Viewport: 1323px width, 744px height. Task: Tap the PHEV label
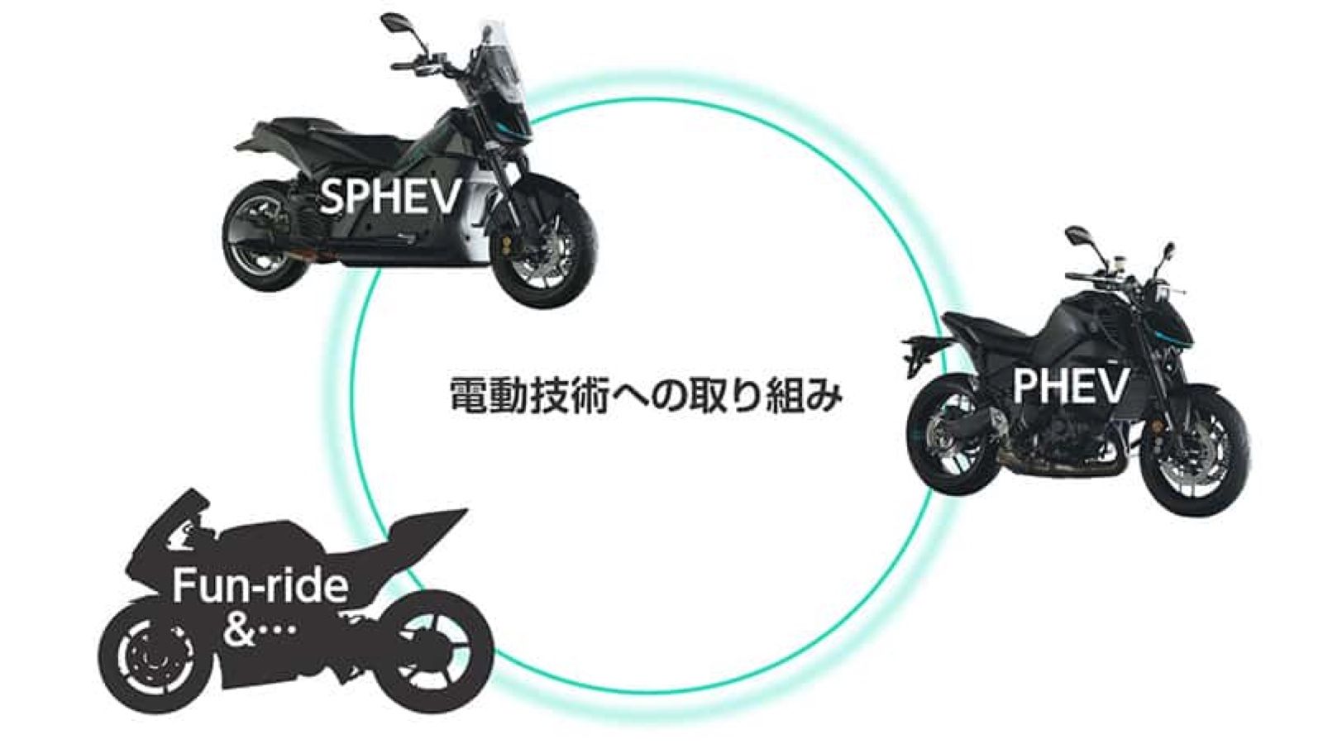click(x=1070, y=385)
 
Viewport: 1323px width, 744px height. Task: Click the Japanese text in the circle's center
click(x=646, y=395)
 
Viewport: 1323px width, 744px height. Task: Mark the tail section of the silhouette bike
click(x=430, y=525)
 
